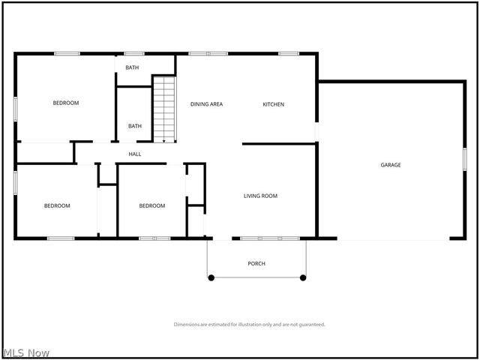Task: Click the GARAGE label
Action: (390, 165)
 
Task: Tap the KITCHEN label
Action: (273, 104)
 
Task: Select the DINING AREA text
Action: (206, 104)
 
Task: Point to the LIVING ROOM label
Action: (260, 196)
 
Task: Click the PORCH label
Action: (256, 263)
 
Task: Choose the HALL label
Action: (135, 154)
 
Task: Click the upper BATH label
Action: (132, 67)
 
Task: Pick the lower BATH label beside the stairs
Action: (135, 126)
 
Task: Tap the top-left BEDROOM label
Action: (66, 103)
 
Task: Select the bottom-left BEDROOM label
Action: (57, 205)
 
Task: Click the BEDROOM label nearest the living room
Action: (152, 205)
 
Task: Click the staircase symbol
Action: (164, 109)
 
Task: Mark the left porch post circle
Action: (211, 277)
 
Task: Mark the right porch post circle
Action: (303, 277)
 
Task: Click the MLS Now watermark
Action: (26, 352)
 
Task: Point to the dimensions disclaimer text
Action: (249, 325)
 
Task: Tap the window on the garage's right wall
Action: (464, 160)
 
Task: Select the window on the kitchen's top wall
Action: (289, 53)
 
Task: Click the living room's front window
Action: (270, 238)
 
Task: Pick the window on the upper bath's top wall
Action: (134, 53)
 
